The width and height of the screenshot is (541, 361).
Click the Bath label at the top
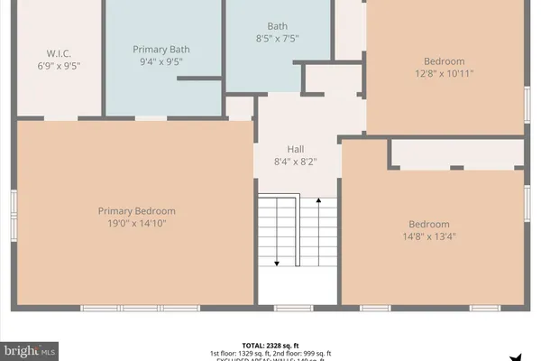click(x=278, y=25)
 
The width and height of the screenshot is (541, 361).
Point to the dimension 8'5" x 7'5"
click(x=278, y=39)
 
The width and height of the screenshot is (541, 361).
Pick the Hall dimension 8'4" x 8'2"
click(x=296, y=162)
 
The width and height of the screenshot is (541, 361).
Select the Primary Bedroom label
click(x=137, y=211)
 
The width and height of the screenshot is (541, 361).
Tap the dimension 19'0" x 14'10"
click(x=137, y=224)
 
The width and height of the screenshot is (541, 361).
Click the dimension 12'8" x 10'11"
click(x=445, y=73)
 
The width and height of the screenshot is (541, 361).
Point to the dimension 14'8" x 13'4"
click(x=429, y=238)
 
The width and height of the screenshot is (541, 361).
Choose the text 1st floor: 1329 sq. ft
click(x=238, y=353)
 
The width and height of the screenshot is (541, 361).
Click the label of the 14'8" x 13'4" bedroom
click(x=429, y=225)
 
